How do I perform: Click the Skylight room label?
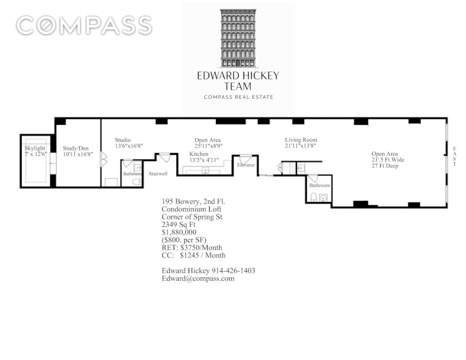35,148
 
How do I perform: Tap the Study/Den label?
75,148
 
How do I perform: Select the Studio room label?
123,140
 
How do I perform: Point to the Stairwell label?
158,174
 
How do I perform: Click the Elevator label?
246,165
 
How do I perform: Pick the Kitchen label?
199,154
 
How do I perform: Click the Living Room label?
301,139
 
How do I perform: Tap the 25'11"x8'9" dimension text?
209,146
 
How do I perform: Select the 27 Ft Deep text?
385,166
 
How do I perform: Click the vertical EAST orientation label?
454,156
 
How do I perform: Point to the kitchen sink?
205,170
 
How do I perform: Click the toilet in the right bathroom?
313,197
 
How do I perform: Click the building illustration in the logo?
238,38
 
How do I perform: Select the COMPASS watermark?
84,26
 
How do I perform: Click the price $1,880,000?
179,232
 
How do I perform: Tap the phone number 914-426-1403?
233,271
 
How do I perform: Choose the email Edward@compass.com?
198,278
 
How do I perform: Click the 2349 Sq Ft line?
178,225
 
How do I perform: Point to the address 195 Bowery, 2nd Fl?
193,201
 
